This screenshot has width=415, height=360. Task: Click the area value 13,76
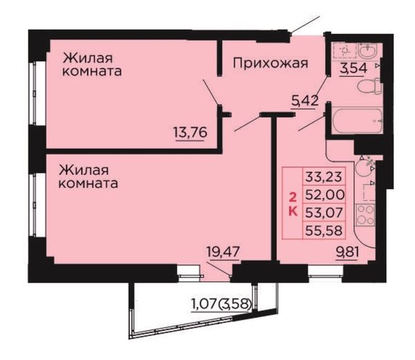190,132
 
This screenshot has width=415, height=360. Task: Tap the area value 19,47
223,252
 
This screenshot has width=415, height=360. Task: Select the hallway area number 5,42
304,100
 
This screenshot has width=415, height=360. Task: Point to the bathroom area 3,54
353,68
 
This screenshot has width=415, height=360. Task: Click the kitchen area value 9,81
347,253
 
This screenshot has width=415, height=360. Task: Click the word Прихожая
270,64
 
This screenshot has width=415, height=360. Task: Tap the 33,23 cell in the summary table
324,177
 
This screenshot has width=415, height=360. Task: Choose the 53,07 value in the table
324,213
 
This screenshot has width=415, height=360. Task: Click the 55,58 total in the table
324,231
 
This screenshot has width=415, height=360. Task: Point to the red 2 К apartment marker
293,205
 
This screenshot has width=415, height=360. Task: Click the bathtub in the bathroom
357,121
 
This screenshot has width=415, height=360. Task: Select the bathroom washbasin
368,50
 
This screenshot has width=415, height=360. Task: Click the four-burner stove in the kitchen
365,215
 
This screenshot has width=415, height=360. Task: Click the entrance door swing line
305,25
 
